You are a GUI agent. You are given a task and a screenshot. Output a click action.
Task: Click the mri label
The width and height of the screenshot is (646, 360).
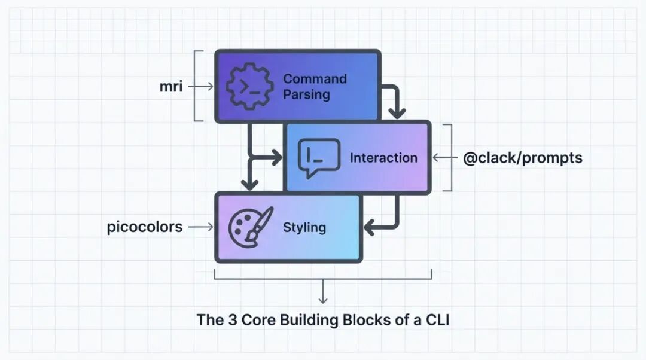click(x=172, y=87)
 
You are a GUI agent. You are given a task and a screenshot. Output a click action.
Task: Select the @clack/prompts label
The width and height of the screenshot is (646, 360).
click(x=523, y=158)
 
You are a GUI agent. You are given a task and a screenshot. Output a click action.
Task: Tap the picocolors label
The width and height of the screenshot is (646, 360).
click(x=145, y=227)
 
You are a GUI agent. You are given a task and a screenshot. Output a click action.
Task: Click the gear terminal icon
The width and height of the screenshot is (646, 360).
click(x=245, y=87)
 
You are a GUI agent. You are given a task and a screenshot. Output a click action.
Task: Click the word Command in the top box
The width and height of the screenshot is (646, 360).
click(x=315, y=79)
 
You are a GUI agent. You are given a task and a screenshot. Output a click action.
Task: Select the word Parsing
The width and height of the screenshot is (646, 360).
click(x=306, y=94)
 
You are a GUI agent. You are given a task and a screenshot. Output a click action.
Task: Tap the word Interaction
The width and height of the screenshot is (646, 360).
click(x=383, y=158)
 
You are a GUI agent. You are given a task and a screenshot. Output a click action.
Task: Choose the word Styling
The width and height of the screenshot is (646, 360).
click(x=304, y=227)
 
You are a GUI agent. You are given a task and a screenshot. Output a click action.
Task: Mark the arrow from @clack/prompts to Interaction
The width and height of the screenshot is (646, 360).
click(x=442, y=158)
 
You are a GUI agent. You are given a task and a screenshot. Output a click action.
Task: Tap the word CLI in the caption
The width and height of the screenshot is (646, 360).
click(x=437, y=320)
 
